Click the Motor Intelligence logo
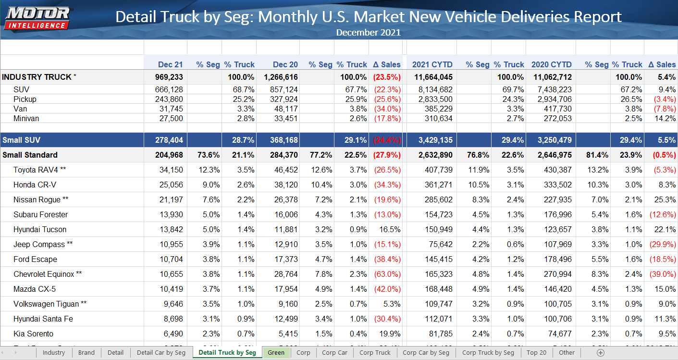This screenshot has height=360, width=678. tap(37, 18)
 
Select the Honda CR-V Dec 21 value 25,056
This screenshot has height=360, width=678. tap(169, 185)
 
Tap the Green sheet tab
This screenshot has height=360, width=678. tap(276, 352)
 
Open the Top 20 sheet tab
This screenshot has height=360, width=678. tap(536, 352)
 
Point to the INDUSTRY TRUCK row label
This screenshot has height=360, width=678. tap(37, 77)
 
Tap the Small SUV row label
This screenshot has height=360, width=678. tap(22, 140)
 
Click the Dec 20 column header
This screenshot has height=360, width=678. tap(285, 64)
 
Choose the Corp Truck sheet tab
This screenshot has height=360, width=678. tap(375, 352)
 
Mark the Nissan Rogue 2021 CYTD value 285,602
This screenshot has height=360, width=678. tap(439, 199)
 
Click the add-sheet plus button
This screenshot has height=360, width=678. tap(600, 352)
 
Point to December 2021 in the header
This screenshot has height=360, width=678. tap(368, 33)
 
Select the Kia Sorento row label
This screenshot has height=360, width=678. tap(33, 334)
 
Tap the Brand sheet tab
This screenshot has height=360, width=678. tap(86, 352)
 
